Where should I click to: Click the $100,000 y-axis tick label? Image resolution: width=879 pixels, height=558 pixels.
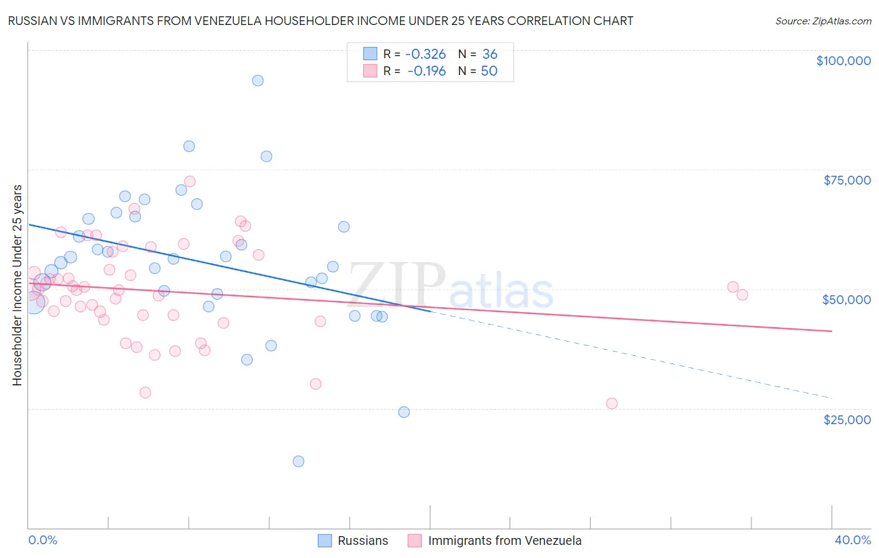(x=843, y=61)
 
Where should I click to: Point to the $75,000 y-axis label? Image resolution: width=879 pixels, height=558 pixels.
(x=846, y=180)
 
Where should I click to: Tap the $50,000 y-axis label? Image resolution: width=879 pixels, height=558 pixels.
(x=846, y=300)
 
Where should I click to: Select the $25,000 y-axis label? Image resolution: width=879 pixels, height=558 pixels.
(x=846, y=419)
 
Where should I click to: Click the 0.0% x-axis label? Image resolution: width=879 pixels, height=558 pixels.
(x=43, y=540)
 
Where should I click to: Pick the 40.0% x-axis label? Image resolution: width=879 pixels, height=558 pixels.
(x=852, y=540)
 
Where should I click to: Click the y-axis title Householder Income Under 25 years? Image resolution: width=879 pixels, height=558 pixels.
(x=17, y=285)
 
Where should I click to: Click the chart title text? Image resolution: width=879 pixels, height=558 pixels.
(x=320, y=21)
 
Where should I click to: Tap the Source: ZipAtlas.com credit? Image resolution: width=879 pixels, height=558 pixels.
(x=823, y=21)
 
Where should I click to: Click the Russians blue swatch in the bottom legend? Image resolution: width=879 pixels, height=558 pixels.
(x=324, y=540)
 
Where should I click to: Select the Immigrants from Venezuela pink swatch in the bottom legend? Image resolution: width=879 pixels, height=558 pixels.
(x=414, y=540)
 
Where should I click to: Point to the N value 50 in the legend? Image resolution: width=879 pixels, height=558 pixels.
(x=489, y=71)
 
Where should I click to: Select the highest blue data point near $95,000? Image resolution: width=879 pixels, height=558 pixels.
(x=258, y=81)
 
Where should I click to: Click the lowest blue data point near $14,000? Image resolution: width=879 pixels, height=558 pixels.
(x=298, y=461)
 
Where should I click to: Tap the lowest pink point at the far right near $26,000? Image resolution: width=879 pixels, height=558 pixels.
(x=611, y=403)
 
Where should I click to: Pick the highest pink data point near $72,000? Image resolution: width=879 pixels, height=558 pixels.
(x=189, y=181)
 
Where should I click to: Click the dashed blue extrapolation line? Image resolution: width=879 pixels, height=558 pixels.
(x=625, y=353)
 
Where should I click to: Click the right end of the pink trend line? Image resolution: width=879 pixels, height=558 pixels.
(x=831, y=331)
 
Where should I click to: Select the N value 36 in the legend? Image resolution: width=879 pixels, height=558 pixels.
(x=490, y=54)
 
